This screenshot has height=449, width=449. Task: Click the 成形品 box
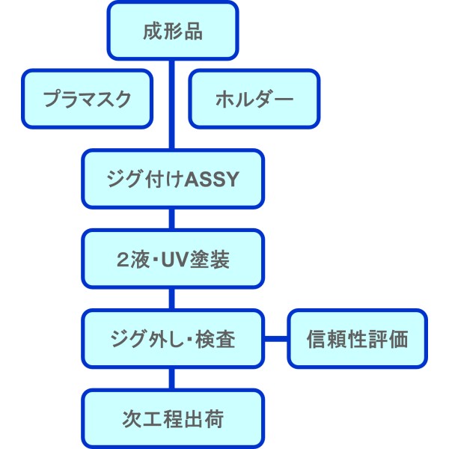click(x=173, y=31)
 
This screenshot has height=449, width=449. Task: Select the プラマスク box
click(x=87, y=99)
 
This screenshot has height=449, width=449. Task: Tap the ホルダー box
click(x=254, y=99)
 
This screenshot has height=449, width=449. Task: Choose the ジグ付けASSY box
click(x=173, y=179)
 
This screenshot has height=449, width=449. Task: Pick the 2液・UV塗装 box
click(x=173, y=259)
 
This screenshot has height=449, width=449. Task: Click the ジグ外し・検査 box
click(x=173, y=339)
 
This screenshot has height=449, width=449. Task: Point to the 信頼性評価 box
click(x=358, y=339)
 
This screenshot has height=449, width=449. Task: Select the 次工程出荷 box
click(x=173, y=418)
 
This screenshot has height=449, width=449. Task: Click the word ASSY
click(x=212, y=180)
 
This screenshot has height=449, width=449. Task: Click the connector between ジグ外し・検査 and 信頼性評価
click(x=275, y=339)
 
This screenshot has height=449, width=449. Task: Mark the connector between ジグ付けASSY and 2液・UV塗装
click(x=172, y=219)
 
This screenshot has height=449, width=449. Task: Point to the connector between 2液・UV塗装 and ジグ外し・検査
click(x=172, y=299)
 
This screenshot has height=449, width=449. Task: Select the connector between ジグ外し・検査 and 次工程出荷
click(x=172, y=379)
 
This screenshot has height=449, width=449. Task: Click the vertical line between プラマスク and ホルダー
click(x=172, y=105)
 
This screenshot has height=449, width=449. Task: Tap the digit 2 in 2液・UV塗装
click(x=123, y=260)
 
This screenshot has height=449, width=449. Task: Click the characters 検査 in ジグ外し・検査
click(x=216, y=339)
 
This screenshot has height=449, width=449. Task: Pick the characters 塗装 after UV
click(x=210, y=260)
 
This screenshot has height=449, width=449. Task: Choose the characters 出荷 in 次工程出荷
click(x=204, y=419)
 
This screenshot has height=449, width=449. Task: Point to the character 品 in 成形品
click(x=193, y=31)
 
